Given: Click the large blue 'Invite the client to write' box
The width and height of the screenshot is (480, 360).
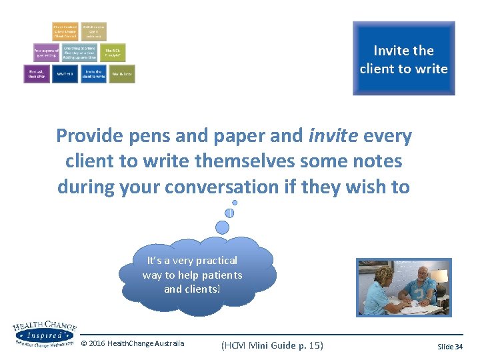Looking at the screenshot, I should [x=403, y=59].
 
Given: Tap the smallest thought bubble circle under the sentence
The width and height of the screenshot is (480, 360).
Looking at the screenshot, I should [x=235, y=202].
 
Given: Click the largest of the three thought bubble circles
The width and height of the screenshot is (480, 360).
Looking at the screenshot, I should [x=223, y=227].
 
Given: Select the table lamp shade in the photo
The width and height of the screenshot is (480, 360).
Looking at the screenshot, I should [x=439, y=275].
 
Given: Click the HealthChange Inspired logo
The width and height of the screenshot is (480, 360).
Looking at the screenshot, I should [x=45, y=333].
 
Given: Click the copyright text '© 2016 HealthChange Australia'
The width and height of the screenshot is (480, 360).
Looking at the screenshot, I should [x=133, y=344].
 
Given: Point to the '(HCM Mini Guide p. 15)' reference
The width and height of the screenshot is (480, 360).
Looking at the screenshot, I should [x=271, y=345].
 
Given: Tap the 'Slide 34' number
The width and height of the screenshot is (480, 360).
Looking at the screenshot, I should [x=449, y=347].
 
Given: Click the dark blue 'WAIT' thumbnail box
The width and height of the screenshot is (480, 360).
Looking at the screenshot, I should [x=65, y=74].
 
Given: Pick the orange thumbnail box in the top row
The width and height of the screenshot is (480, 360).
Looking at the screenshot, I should [x=65, y=31].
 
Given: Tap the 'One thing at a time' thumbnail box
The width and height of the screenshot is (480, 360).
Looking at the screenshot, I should [x=79, y=53].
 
